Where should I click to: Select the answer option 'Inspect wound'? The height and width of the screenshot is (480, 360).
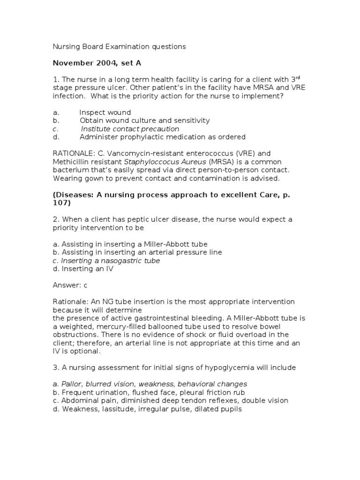click(105, 112)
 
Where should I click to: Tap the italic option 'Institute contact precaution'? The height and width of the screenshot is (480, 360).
click(130, 129)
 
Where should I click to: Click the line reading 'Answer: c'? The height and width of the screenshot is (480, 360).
click(70, 285)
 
